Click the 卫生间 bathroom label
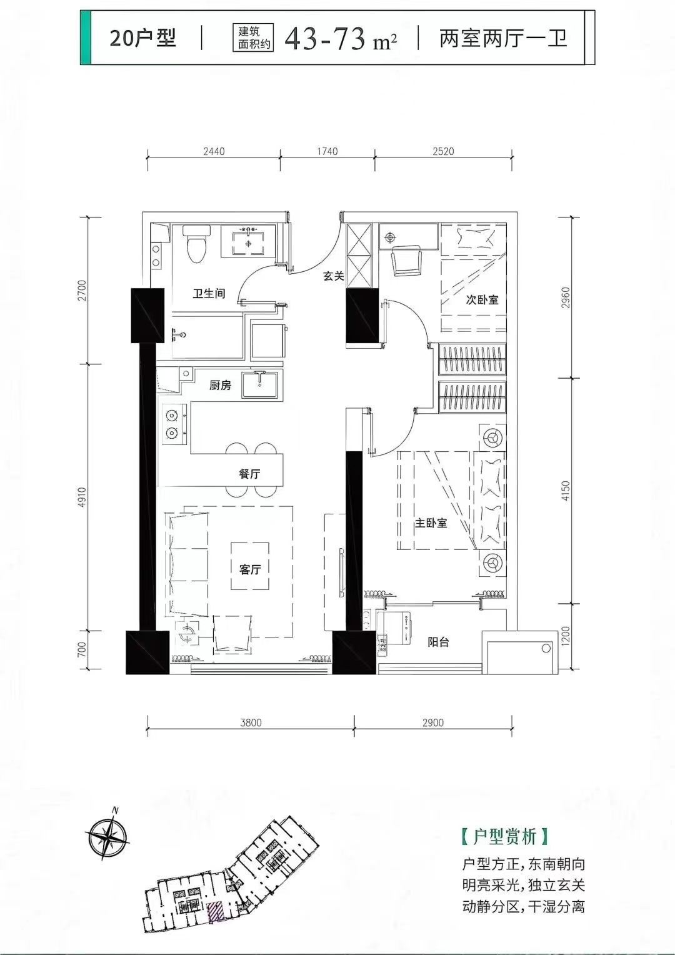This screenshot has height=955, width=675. click(x=209, y=294)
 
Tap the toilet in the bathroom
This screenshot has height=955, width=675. click(x=197, y=244)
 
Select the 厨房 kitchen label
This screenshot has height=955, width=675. click(x=220, y=386)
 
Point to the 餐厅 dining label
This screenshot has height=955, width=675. click(x=249, y=474)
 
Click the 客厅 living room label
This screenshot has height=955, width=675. click(x=250, y=569)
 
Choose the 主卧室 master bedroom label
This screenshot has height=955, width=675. click(x=431, y=522)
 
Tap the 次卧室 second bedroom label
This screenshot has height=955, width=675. click(x=482, y=299)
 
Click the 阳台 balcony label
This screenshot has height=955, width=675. click(x=438, y=642)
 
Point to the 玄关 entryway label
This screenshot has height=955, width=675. click(x=334, y=276)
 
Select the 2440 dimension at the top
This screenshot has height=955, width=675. click(x=214, y=151)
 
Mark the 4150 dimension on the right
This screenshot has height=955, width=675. click(x=566, y=490)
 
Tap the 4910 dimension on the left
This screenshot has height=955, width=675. click(x=82, y=497)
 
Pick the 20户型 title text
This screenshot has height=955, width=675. click(x=142, y=38)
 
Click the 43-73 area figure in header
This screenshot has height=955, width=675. click(x=326, y=38)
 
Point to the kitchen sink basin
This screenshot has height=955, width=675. click(x=260, y=384)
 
